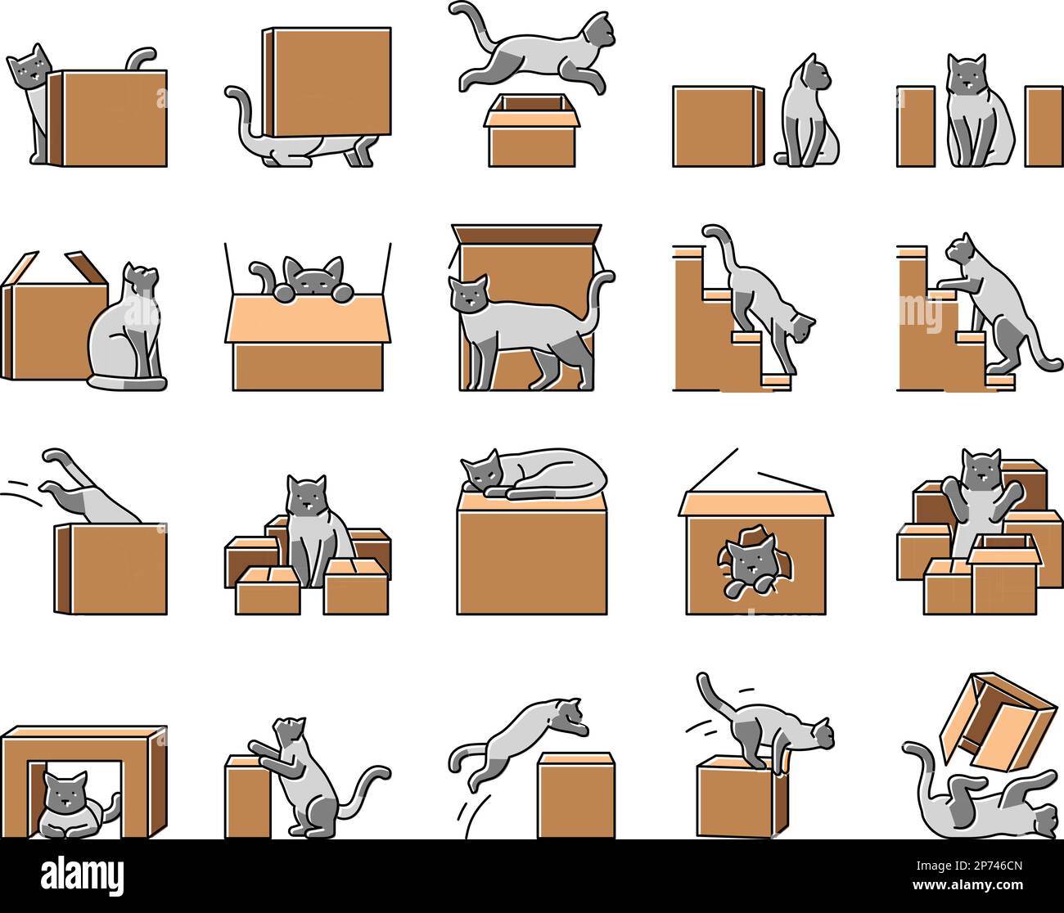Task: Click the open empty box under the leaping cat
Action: [532, 131]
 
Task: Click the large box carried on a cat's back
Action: [327, 81]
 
